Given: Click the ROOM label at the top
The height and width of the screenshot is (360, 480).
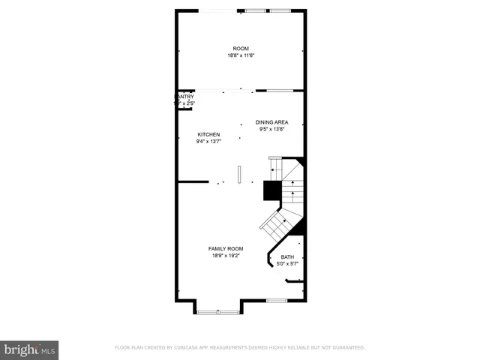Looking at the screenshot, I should [240, 49].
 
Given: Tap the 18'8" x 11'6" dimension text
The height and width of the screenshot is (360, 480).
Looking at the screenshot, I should [240, 55].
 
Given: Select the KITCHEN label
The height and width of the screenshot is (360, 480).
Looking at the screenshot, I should [208, 134].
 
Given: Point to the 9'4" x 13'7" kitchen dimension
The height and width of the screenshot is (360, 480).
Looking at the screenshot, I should [208, 141].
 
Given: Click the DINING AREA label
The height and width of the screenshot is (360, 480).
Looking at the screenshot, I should [271, 122].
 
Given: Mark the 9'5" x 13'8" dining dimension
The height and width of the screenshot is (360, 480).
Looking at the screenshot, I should [271, 129].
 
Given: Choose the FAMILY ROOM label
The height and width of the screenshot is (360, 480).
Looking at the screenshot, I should [226, 248].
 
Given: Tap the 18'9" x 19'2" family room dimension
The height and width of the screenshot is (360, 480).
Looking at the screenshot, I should [226, 255].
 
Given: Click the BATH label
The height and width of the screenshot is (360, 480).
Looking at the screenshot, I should [288, 257].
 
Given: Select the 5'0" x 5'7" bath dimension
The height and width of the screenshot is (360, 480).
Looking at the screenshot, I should [288, 264].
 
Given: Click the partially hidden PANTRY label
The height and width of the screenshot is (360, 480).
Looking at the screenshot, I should [185, 97].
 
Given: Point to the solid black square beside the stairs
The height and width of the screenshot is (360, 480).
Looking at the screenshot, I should [271, 191].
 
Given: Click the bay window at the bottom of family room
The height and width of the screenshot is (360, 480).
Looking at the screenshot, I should [219, 310].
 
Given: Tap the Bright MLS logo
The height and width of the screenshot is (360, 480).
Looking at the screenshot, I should [29, 349].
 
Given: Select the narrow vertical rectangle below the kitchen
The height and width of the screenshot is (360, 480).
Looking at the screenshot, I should [239, 174].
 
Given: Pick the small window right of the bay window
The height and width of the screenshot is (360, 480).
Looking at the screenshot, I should [277, 301].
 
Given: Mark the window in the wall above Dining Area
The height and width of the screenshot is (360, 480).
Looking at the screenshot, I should [280, 91].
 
